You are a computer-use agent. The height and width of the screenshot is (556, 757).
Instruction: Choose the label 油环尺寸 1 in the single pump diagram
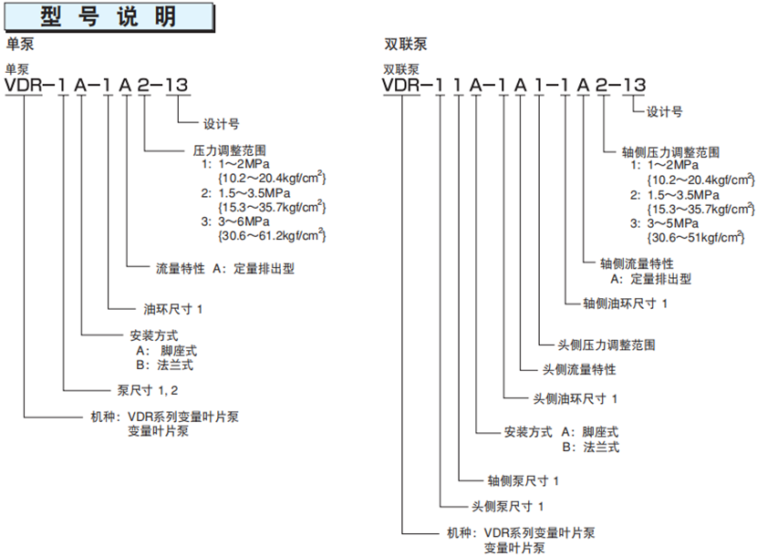(x=173, y=308)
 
